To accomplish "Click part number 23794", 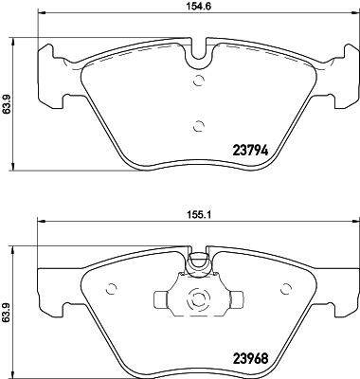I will (x=250, y=148).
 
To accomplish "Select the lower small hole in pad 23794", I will (x=196, y=123).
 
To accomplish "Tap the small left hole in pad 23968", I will (x=112, y=289).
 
